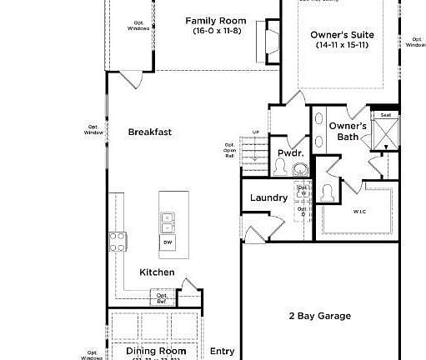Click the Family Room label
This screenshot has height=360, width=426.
point(215,20)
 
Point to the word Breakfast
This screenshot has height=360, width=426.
point(150,132)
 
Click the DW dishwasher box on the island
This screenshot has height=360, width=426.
point(168,242)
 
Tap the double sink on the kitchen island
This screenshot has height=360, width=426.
point(168,222)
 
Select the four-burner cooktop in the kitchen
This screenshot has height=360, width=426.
point(118,242)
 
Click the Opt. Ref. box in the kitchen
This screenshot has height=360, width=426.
point(162,297)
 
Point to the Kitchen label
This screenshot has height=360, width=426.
point(157,272)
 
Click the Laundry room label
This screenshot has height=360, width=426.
point(268,198)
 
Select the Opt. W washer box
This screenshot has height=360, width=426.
point(303,192)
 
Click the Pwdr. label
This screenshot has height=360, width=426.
point(289,153)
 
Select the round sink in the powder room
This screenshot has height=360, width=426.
point(300,169)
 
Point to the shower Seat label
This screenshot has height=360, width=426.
point(385,115)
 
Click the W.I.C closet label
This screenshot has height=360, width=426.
point(359,212)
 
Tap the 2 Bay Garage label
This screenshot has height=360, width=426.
point(319,316)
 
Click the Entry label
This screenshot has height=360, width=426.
point(222,351)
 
